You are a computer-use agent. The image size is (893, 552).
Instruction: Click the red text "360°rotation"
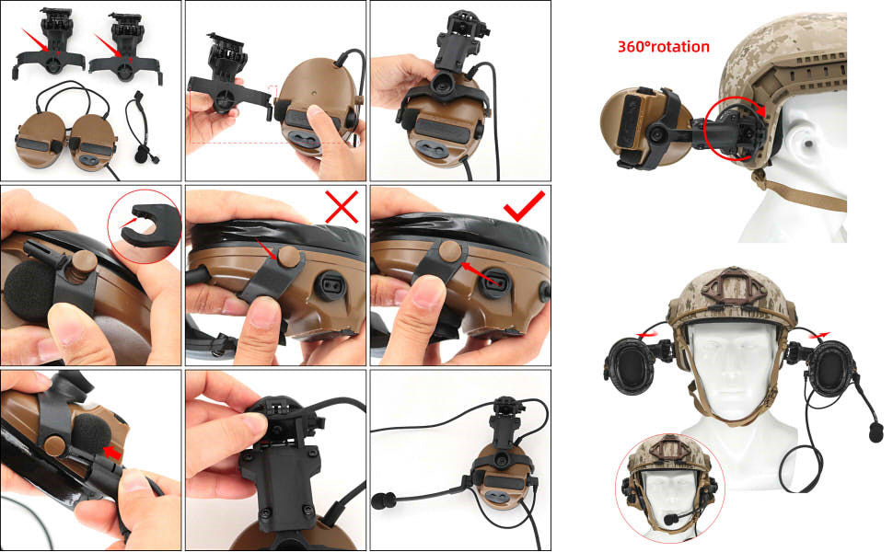point(664,47)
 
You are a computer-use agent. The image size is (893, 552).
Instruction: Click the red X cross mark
point(342,207)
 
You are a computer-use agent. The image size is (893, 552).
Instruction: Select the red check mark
point(525,206)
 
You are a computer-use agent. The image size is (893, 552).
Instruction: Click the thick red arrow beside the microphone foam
point(112,453)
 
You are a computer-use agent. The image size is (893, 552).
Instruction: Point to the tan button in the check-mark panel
point(450,250)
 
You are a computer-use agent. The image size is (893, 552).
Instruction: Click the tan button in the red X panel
point(288,256)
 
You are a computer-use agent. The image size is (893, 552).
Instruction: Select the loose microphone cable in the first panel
point(138,128)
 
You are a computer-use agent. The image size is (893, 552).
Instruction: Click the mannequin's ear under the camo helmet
point(806,142)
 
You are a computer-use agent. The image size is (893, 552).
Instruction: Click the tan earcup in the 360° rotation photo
point(626,125)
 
